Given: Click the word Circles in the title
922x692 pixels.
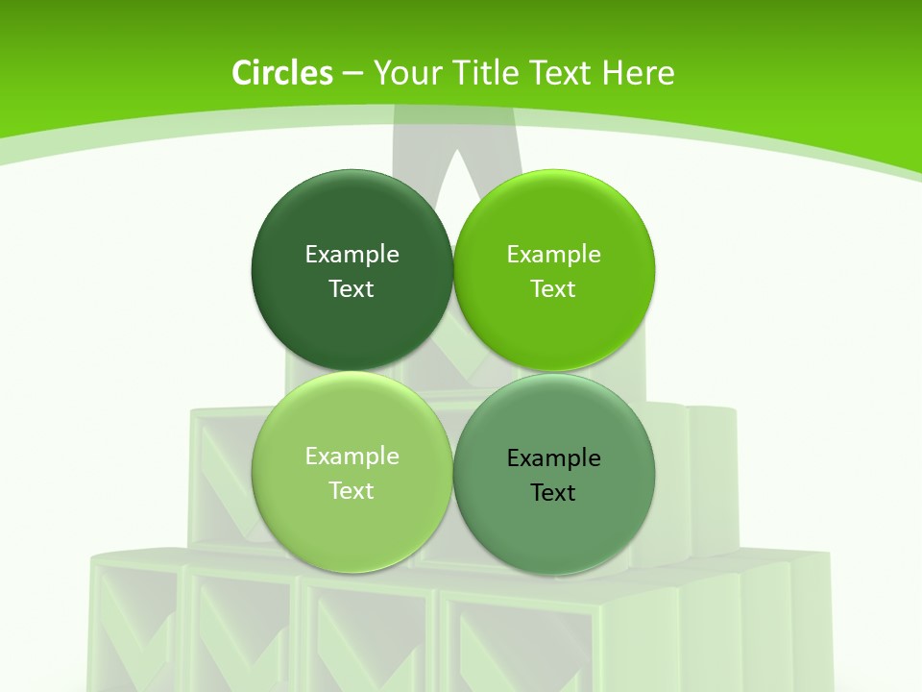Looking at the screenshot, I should [282, 73].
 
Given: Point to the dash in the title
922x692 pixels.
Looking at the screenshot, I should [352, 74].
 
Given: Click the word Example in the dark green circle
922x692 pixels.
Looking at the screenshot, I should [352, 255].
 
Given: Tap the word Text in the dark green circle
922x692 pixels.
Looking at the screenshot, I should [352, 289].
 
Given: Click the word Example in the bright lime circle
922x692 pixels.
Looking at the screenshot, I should [554, 255].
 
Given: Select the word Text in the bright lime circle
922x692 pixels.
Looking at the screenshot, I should [554, 289].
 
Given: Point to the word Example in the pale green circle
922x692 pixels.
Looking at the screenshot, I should [352, 457].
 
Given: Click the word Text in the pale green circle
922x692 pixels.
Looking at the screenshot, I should [352, 491].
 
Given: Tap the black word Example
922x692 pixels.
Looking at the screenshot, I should [554, 458].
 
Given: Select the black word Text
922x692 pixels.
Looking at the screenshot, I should [554, 493].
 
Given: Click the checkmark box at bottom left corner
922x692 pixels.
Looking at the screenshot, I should [134, 625].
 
